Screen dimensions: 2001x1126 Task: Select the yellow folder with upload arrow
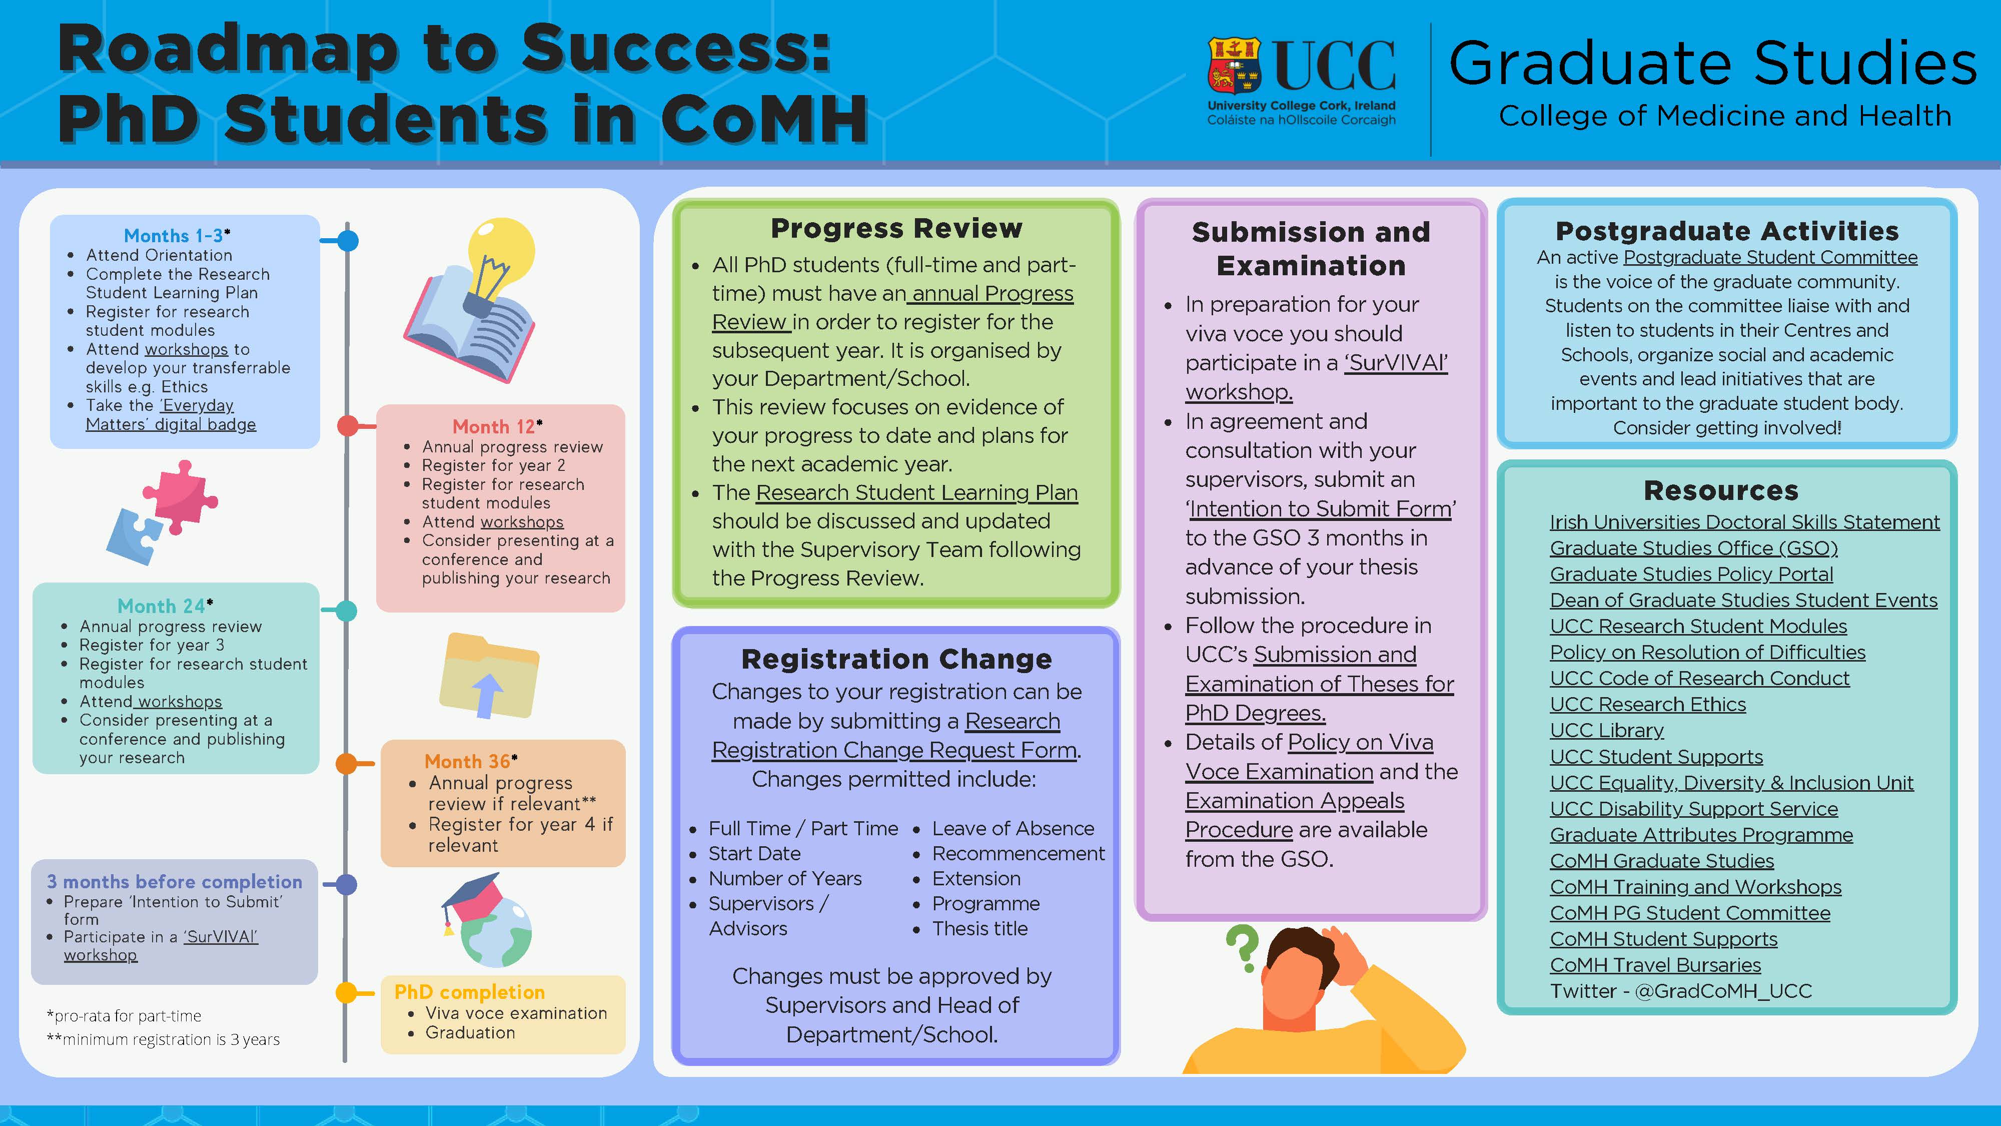(x=488, y=675)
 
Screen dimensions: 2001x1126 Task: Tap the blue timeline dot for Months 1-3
(x=348, y=241)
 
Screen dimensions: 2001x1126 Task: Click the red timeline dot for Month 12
(x=347, y=426)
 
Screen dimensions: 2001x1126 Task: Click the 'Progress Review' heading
(x=896, y=229)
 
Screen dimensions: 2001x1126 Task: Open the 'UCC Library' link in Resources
(x=1606, y=731)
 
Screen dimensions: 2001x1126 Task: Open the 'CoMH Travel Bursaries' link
(x=1655, y=965)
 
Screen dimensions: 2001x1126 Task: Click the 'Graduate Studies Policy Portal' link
(x=1691, y=575)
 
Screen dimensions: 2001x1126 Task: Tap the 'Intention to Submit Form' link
(x=1321, y=509)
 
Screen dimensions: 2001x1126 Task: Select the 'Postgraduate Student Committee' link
(x=1770, y=257)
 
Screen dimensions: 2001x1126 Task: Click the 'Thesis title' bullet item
(x=979, y=929)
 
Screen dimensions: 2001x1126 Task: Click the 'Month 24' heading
(x=162, y=606)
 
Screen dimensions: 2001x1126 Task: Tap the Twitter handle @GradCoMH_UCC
(x=1724, y=991)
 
